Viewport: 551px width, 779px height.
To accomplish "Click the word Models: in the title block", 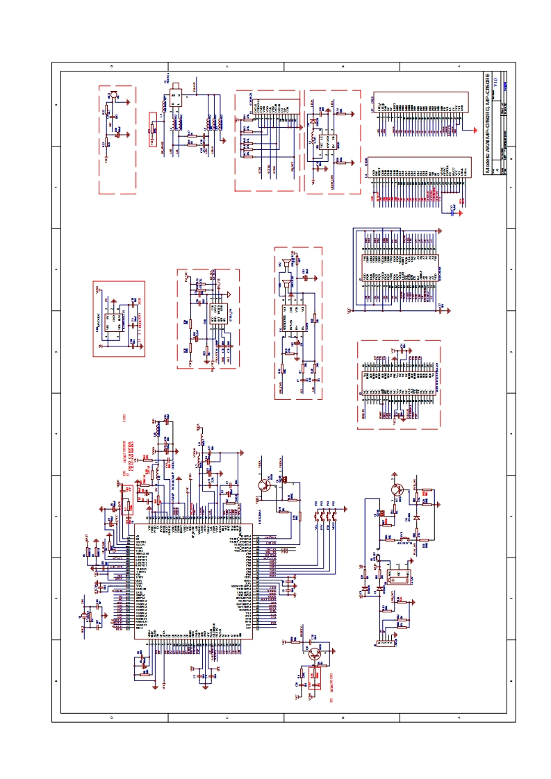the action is click(488, 163).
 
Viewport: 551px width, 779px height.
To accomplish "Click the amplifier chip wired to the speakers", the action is click(291, 324).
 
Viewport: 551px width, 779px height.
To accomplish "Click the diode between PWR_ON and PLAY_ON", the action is click(416, 517).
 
